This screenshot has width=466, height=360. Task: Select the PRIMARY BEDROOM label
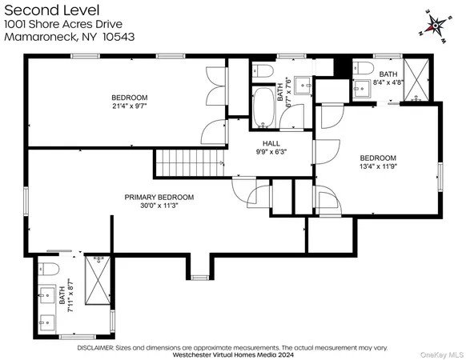tap(159, 197)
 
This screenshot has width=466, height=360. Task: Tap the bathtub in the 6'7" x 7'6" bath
tap(263, 109)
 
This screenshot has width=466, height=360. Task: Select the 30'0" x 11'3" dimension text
tap(159, 206)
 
